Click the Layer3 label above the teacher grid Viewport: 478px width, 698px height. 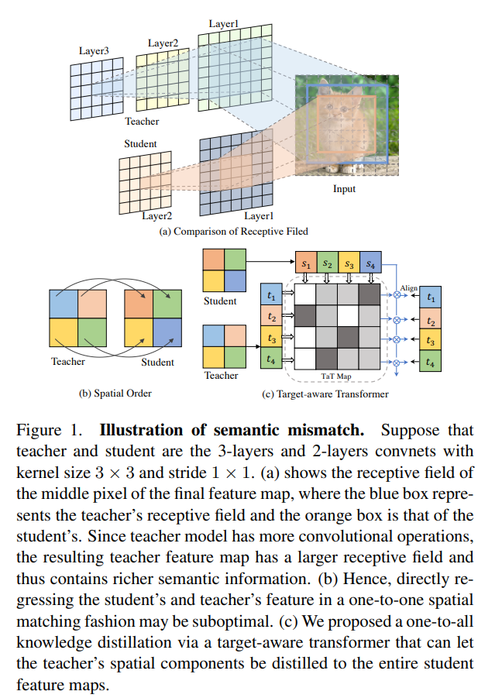pos(94,51)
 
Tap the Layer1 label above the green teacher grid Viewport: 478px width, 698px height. pos(224,24)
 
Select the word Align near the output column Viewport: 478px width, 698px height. pos(409,288)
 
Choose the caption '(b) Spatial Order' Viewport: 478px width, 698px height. pos(115,393)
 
